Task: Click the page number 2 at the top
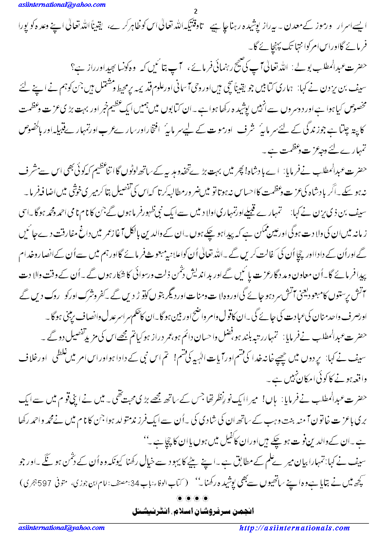(195, 12)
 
